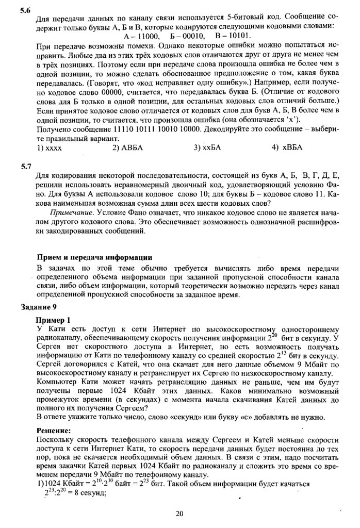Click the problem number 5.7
25,167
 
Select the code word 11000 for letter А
142,36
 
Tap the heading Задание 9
39,308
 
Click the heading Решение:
53,430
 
